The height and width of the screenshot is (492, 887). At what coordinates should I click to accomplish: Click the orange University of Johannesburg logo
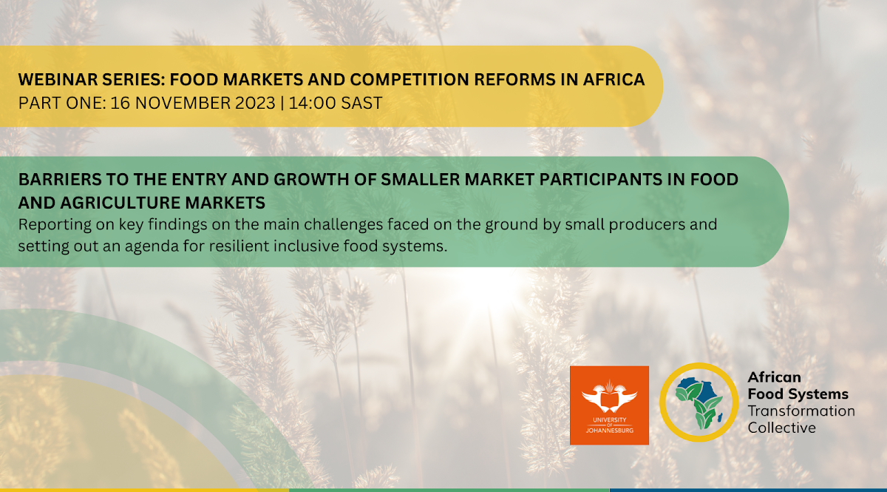(x=609, y=405)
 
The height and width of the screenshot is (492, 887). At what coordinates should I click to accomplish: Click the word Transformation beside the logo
(x=801, y=411)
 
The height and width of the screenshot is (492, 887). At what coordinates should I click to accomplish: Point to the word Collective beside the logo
(x=781, y=428)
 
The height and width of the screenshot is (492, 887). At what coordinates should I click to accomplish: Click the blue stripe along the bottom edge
(x=747, y=489)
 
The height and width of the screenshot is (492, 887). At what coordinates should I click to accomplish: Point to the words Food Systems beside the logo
(x=798, y=394)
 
